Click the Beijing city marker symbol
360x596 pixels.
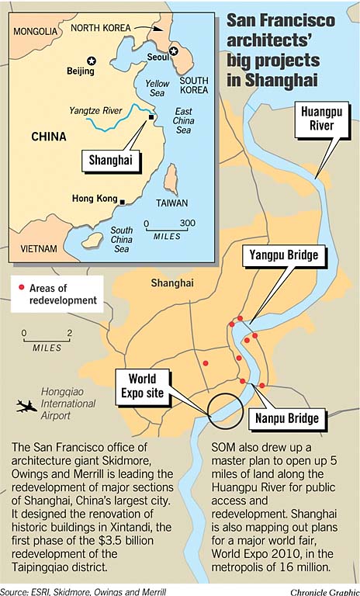92,61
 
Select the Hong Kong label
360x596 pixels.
93,198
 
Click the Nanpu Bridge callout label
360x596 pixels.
287,418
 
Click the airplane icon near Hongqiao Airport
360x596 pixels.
26,405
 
